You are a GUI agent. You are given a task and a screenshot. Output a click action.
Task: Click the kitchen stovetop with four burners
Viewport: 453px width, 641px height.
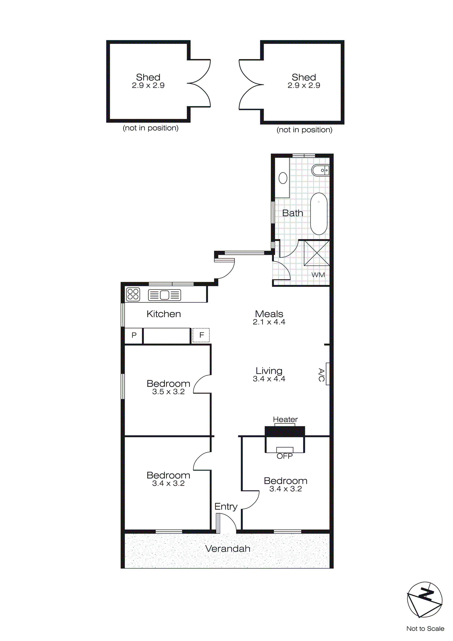(x=133, y=294)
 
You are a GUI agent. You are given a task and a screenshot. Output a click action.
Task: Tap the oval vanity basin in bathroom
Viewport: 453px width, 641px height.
(x=283, y=178)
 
